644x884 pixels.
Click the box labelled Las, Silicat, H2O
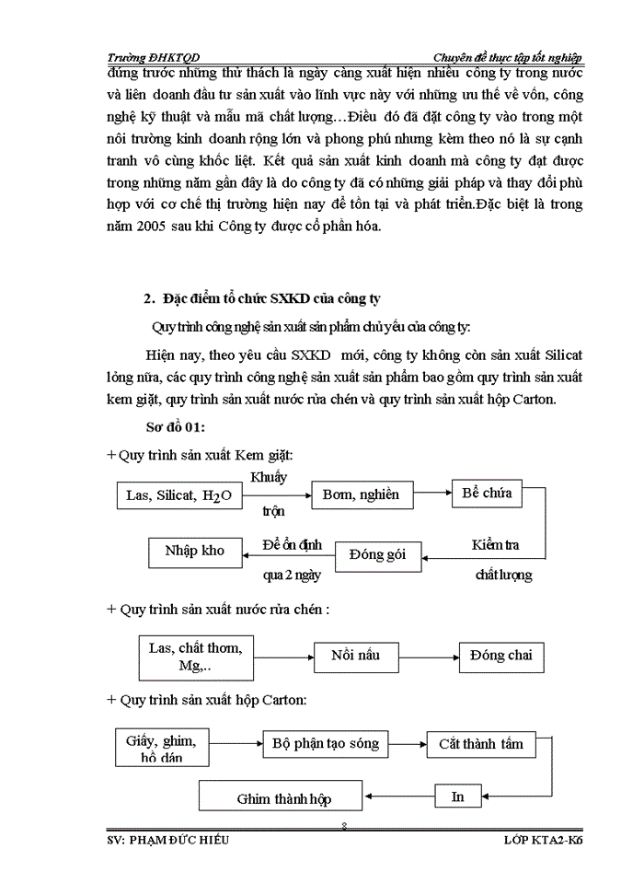[x=178, y=496]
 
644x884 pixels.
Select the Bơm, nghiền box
[x=361, y=495]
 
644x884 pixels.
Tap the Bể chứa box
[x=487, y=493]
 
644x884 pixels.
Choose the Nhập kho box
[x=194, y=552]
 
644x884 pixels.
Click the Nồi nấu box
[x=355, y=657]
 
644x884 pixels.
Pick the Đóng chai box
[x=501, y=657]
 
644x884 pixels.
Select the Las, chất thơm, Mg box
[x=195, y=657]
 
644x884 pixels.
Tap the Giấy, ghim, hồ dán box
[x=161, y=748]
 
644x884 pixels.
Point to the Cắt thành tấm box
[x=480, y=744]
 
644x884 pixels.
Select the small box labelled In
[x=458, y=797]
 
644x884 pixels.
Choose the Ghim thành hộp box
[x=283, y=797]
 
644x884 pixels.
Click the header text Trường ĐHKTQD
[x=151, y=57]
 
